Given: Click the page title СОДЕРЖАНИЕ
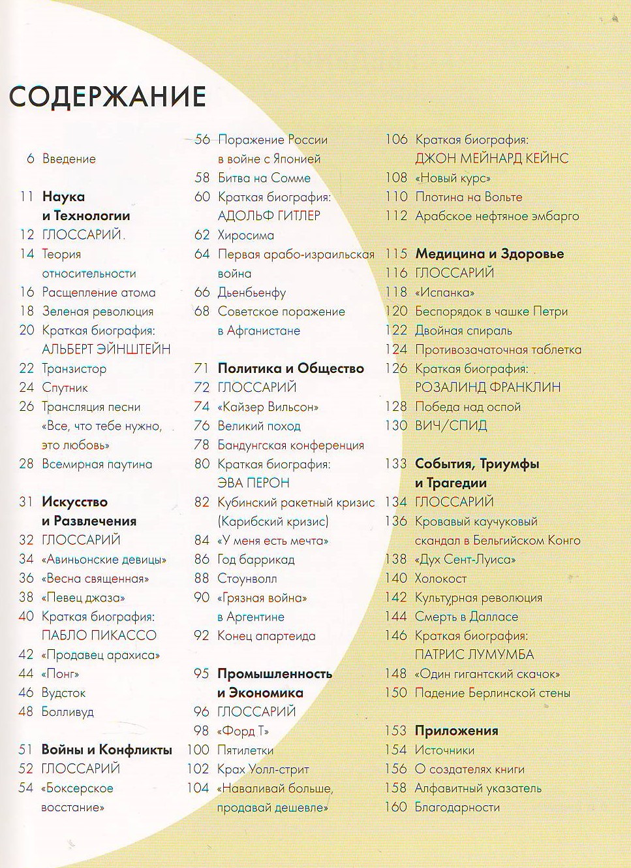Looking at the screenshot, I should tap(108, 96).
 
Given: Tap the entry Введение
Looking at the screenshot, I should tap(69, 159).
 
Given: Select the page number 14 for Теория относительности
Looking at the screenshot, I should tap(27, 254).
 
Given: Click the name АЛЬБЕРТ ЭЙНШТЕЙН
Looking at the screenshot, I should tap(106, 349).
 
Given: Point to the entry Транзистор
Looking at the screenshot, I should tap(74, 368).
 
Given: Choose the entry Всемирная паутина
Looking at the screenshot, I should tap(97, 464).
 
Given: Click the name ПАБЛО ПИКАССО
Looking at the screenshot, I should tap(99, 635).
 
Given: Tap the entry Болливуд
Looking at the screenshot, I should tap(67, 712).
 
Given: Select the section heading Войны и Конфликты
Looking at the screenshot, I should tap(106, 750).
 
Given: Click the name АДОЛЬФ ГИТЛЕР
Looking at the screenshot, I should tap(269, 216).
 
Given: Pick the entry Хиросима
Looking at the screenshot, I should tap(245, 235).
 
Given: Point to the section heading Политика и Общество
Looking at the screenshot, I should tap(290, 368).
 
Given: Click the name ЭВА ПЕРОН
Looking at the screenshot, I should tap(253, 483).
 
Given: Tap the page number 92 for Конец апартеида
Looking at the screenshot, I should tap(202, 635).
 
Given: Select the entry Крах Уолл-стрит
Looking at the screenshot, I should tap(263, 769).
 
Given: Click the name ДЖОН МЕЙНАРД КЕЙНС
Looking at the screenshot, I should tap(491, 158).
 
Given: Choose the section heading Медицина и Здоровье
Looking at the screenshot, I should tap(489, 254).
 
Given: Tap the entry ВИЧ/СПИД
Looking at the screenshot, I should tap(450, 426).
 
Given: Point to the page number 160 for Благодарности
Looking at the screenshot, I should tap(395, 807).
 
